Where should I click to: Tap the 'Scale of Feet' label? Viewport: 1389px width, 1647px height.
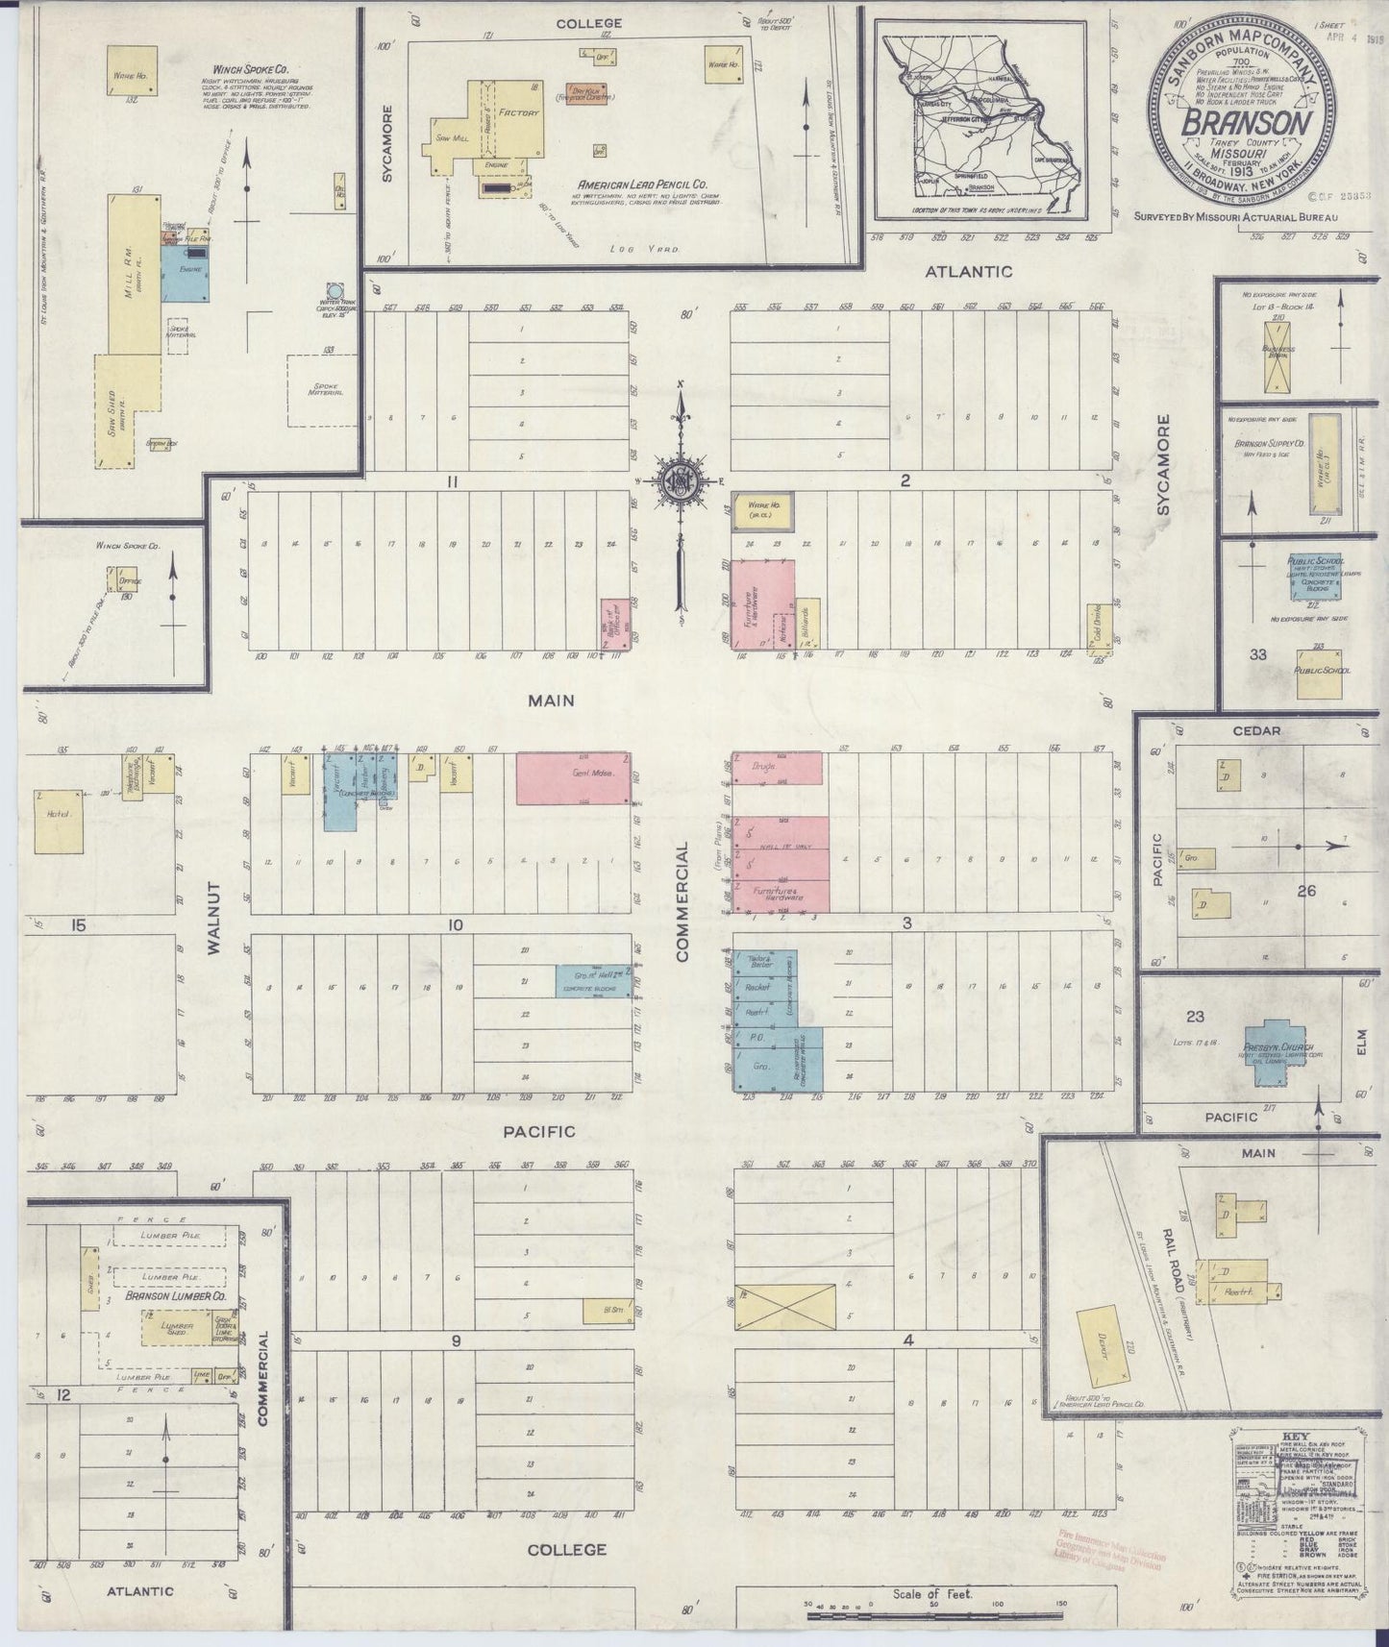point(933,1594)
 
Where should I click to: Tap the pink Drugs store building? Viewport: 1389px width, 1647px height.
point(778,769)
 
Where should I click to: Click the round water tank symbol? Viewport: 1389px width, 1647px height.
point(334,290)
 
